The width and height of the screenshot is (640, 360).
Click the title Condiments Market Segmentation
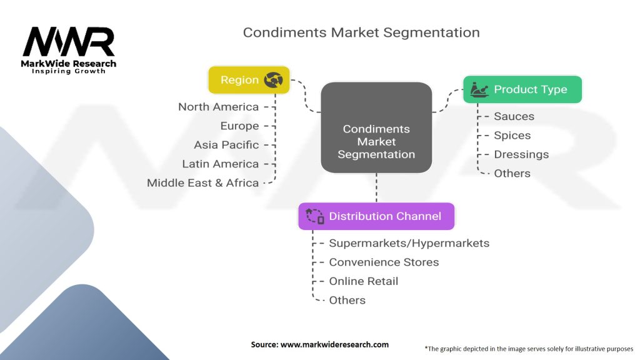pyautogui.click(x=361, y=32)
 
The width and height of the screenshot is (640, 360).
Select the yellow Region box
pyautogui.click(x=249, y=79)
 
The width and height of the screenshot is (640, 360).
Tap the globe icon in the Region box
pyautogui.click(x=274, y=79)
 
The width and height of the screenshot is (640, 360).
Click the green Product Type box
pyautogui.click(x=522, y=89)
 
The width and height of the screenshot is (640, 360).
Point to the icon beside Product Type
pyautogui.click(x=479, y=89)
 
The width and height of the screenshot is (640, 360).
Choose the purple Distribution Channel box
pyautogui.click(x=376, y=216)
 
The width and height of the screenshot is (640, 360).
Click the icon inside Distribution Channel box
pyautogui.click(x=315, y=216)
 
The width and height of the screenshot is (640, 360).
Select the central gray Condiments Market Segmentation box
pyautogui.click(x=376, y=128)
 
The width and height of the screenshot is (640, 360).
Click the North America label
pyautogui.click(x=218, y=107)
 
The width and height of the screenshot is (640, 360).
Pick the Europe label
pyautogui.click(x=239, y=126)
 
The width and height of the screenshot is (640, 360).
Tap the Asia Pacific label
pyautogui.click(x=226, y=145)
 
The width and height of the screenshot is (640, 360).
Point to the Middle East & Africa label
pyautogui.click(x=202, y=183)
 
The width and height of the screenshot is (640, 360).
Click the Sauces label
pyautogui.click(x=514, y=116)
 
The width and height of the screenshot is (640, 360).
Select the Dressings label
pyautogui.click(x=521, y=154)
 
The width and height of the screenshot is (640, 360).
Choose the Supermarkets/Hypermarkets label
pyautogui.click(x=409, y=243)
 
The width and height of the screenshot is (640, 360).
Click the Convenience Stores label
pyautogui.click(x=384, y=262)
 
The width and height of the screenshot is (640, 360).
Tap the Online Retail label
pyautogui.click(x=364, y=281)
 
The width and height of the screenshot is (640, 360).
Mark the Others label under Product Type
pyautogui.click(x=512, y=174)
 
